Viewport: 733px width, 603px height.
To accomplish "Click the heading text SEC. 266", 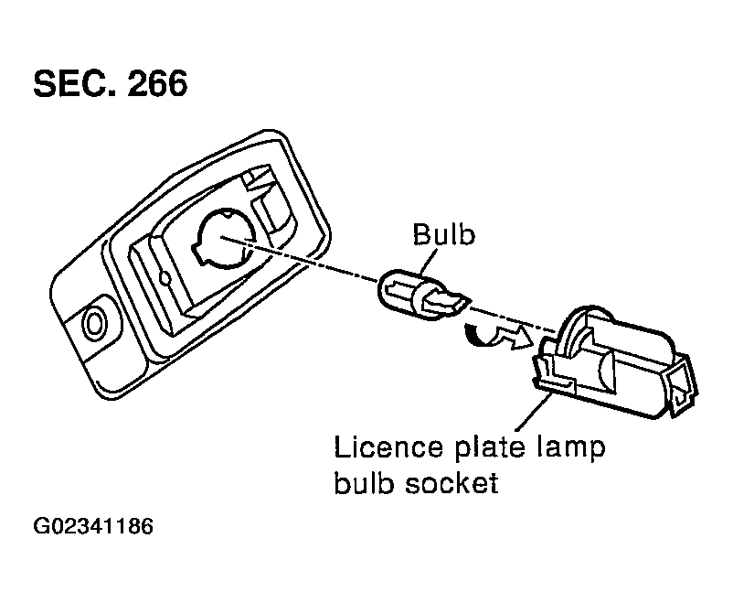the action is point(111,84).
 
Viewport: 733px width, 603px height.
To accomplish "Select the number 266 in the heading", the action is point(157,84).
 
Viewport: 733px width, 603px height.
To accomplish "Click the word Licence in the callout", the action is point(388,447).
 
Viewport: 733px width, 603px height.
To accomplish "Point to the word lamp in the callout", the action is point(570,448).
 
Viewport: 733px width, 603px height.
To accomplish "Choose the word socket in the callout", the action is point(451,483).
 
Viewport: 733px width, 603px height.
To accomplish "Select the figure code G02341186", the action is point(93,526).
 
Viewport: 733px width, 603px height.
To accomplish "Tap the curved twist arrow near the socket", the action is point(498,335).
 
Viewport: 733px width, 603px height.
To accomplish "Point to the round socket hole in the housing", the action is point(225,239).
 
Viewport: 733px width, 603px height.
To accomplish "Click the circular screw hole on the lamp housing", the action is point(94,324).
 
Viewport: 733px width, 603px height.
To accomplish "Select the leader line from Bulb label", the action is point(430,260).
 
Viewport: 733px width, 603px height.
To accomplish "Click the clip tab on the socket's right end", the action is point(682,386).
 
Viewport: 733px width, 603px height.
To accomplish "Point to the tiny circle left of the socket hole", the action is point(165,278).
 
